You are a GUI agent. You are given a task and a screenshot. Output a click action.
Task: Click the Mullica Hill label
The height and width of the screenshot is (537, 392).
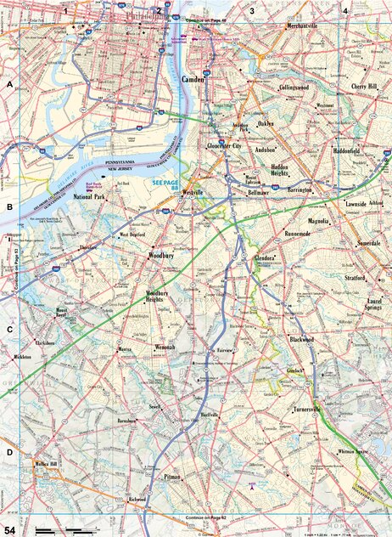[x=44, y=464]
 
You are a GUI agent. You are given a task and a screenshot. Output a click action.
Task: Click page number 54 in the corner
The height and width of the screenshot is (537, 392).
[x=10, y=529]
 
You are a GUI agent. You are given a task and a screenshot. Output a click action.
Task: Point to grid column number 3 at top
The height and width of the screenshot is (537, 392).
[x=252, y=10]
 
